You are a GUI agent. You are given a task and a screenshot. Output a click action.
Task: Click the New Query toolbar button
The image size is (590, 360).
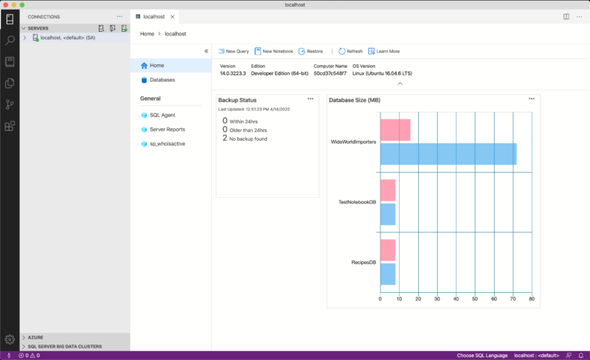tap(234, 51)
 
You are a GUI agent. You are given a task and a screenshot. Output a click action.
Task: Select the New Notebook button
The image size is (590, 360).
tap(274, 51)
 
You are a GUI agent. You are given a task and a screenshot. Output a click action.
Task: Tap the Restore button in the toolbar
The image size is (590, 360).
tap(310, 51)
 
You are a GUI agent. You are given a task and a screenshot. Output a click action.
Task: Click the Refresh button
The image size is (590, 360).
tap(351, 51)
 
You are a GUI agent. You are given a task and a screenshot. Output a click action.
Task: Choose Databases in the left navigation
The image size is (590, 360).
tap(162, 80)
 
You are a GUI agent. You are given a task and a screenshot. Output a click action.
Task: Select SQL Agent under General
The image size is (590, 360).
tap(162, 115)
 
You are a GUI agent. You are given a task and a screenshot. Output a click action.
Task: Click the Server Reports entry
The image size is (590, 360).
tap(167, 129)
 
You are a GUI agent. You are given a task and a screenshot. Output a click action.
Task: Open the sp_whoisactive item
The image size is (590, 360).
tap(167, 143)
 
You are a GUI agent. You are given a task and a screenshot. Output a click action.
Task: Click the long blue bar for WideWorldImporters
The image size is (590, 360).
tap(448, 154)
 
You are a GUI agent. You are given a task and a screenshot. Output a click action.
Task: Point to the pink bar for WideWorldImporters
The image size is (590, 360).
tap(395, 131)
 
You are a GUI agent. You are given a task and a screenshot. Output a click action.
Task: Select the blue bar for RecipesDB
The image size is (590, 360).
tap(387, 274)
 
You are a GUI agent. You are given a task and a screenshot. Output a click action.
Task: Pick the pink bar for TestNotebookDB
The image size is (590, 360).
tap(387, 190)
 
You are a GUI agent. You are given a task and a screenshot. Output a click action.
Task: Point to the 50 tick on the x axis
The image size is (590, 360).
tap(475, 299)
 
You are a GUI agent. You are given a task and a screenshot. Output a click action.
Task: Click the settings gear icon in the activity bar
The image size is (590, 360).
tap(10, 340)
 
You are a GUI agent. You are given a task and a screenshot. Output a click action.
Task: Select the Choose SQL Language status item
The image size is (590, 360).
tap(482, 356)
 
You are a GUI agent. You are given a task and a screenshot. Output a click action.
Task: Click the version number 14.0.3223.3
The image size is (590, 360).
tap(232, 73)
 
